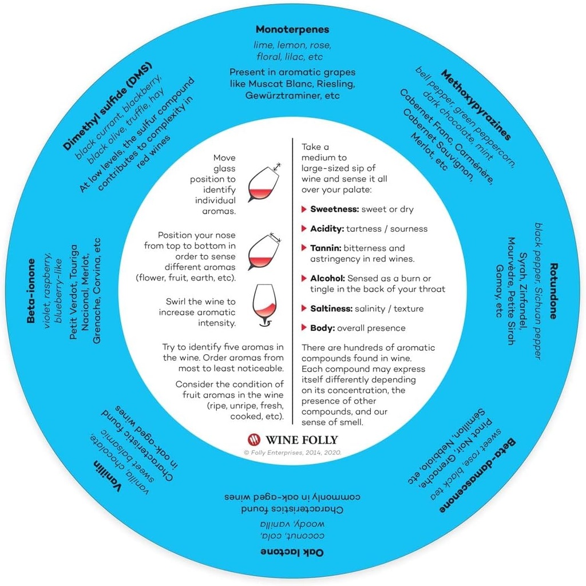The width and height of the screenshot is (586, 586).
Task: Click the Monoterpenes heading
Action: coord(292,29)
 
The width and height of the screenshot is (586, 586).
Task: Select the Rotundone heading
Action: coord(554,291)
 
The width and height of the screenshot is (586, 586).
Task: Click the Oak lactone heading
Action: coord(292,552)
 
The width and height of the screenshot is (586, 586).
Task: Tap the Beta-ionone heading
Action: coord(31,290)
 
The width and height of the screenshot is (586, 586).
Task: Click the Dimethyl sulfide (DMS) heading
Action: coord(104,113)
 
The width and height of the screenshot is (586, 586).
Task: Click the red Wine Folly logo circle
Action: coord(254,439)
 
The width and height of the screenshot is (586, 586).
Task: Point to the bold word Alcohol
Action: coord(327,278)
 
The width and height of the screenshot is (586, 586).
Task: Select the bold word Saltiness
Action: coord(331,308)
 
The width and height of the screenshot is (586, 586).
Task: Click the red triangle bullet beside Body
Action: coord(304,328)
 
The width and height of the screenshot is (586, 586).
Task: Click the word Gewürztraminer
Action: coord(276,95)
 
